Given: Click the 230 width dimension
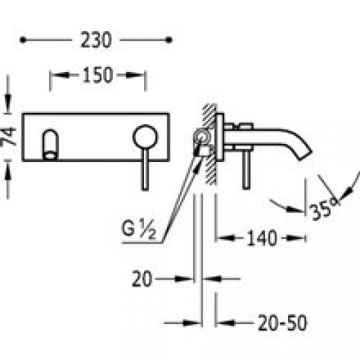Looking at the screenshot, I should (x=96, y=41).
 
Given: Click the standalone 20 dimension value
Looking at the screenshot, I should (x=143, y=277).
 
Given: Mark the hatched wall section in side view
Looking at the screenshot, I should (x=209, y=144).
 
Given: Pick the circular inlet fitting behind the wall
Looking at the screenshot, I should (x=202, y=136).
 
